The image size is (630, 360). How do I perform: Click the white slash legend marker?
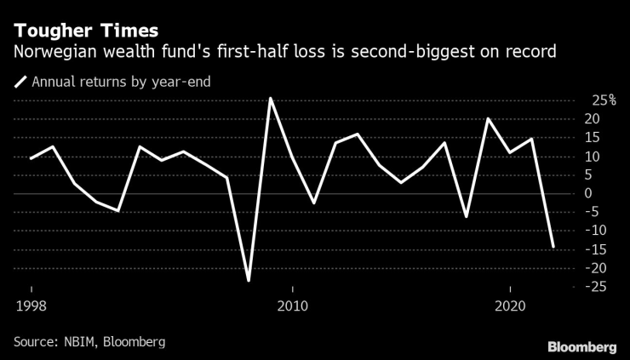pyautogui.click(x=20, y=83)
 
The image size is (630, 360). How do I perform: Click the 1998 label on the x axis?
pyautogui.click(x=31, y=306)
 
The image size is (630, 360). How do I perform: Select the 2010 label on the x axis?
pyautogui.click(x=293, y=306)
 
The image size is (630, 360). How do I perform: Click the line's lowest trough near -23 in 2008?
pyautogui.click(x=249, y=280)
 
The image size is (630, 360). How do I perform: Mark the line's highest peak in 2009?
pyautogui.click(x=271, y=99)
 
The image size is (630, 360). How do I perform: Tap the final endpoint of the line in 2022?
pyautogui.click(x=554, y=247)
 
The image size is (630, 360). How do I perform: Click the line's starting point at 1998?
pyautogui.click(x=31, y=158)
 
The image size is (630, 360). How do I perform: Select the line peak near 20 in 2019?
pyautogui.click(x=489, y=119)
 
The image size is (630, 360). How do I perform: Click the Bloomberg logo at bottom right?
pyautogui.click(x=581, y=346)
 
